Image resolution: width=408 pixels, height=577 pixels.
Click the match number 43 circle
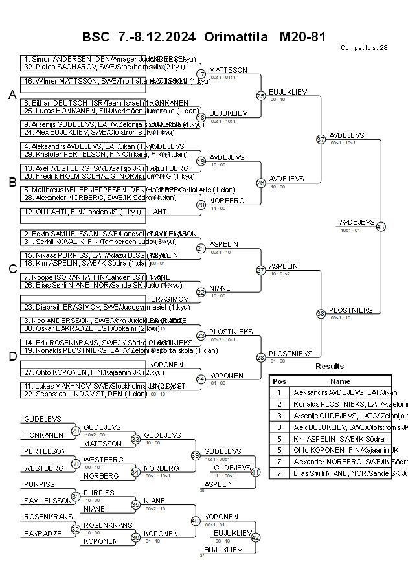(x=380, y=227)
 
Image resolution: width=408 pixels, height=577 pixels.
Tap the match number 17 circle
(x=201, y=74)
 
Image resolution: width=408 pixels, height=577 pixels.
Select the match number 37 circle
(x=321, y=139)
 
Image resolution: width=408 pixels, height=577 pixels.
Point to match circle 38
(x=321, y=314)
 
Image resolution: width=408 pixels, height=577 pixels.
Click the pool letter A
(x=12, y=95)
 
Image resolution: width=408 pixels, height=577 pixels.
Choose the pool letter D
(x=12, y=356)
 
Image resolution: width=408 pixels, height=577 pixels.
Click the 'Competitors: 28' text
(x=364, y=48)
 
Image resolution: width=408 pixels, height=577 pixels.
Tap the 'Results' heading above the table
(x=330, y=367)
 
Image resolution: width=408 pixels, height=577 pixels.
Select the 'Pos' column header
(x=279, y=381)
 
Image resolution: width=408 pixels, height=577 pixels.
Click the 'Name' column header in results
(x=340, y=381)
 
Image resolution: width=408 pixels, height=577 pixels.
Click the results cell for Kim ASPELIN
(x=340, y=439)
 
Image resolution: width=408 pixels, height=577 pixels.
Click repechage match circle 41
(x=255, y=472)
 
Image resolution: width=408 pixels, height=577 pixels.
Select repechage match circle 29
(x=75, y=431)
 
